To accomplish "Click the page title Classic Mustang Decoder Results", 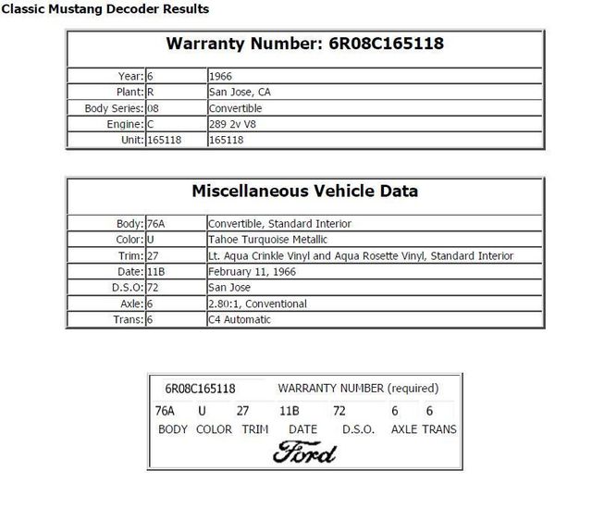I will tap(105, 9).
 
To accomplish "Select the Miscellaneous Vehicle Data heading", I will tap(304, 192).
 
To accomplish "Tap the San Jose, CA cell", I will tap(240, 93).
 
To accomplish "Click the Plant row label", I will tap(130, 93).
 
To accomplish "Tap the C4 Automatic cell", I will tap(240, 319).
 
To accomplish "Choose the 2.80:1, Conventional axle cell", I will tap(258, 304).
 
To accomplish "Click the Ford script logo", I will tap(304, 451).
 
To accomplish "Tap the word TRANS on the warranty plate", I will tap(439, 429).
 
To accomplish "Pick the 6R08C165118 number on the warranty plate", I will tap(200, 388).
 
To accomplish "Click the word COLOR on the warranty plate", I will tap(214, 429).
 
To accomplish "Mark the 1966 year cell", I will tap(220, 77).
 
